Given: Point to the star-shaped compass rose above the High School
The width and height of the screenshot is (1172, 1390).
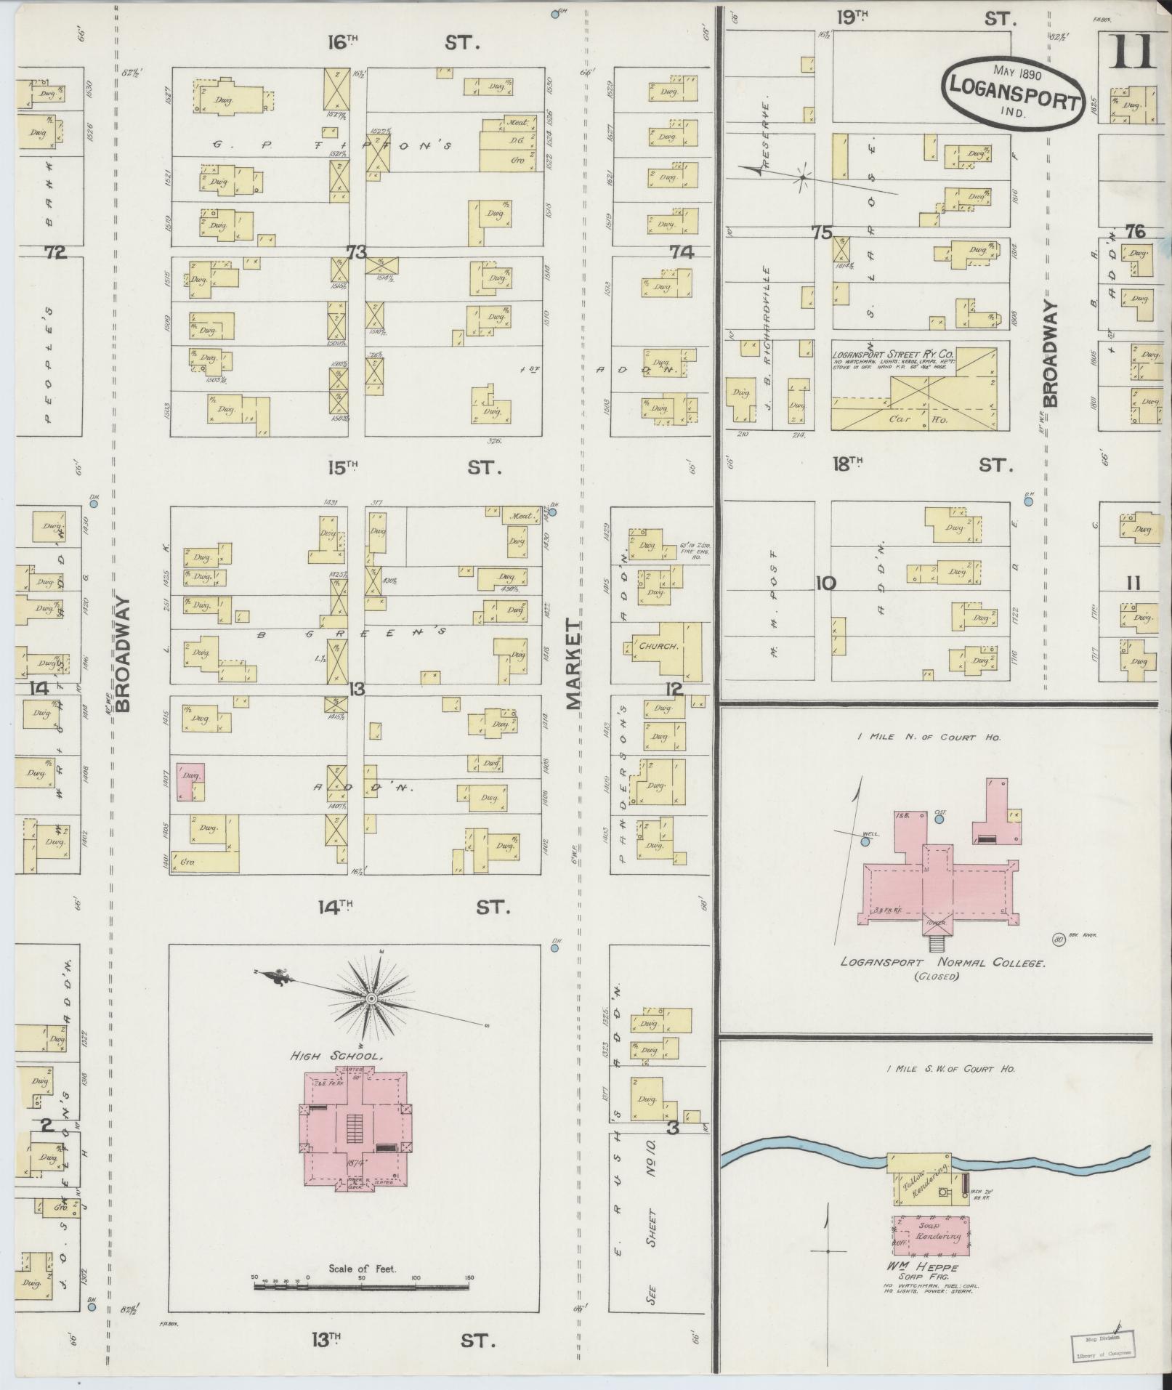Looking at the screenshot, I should pos(371,1000).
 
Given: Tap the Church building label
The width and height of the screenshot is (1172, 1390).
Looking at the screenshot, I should pos(659,645).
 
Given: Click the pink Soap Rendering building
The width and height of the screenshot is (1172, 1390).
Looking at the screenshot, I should pos(931,1235).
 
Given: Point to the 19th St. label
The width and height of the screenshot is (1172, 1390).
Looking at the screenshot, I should pos(923,18).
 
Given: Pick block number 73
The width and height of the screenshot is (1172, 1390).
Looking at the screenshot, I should pos(356,251).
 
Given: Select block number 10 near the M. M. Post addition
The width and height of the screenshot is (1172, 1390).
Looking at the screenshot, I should pos(825,583).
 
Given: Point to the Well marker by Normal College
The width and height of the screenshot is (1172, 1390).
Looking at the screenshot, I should pos(865,841).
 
